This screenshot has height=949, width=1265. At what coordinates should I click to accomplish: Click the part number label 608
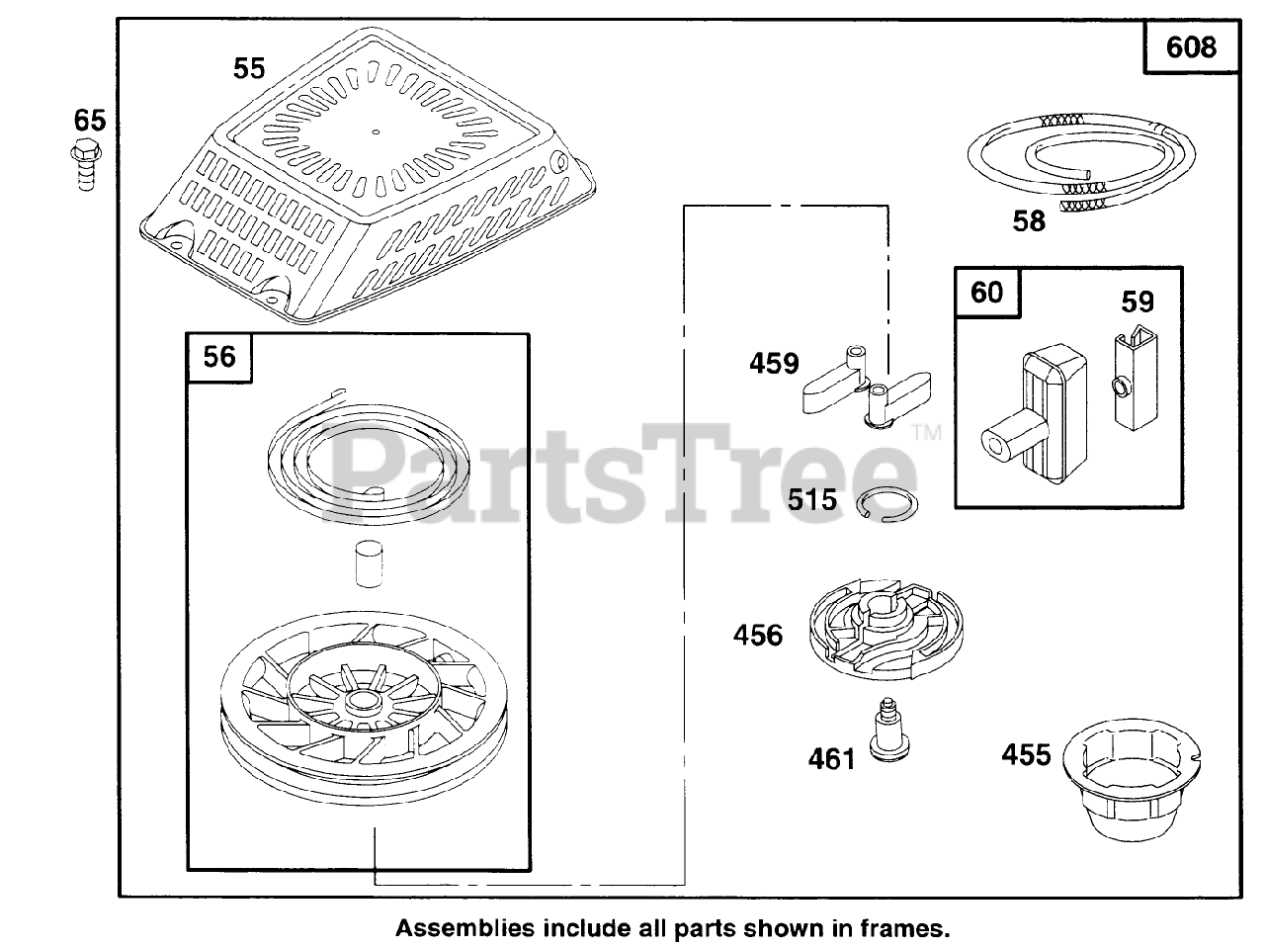tap(1191, 46)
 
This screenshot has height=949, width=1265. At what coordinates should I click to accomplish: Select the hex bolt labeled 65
tap(86, 165)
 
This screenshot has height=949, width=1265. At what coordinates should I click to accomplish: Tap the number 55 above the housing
tap(249, 68)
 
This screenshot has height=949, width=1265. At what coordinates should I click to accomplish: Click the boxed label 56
tap(219, 356)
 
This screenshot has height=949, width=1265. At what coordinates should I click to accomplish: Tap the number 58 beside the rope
tap(1029, 221)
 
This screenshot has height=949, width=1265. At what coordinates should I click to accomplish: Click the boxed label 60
tap(986, 293)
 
